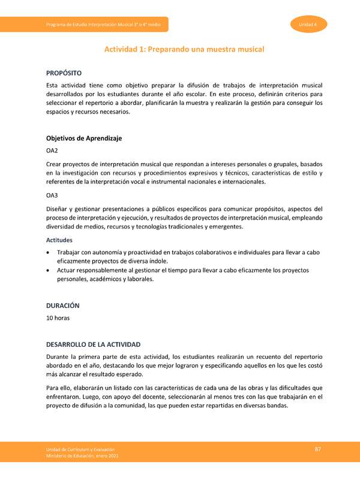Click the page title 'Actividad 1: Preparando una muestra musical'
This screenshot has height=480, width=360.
tap(185, 49)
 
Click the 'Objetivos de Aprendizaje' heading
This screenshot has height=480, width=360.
tap(84, 139)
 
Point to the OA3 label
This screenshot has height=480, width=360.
tap(52, 196)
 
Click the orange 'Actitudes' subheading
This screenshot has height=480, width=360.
tap(61, 240)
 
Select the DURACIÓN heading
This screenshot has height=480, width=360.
tap(63, 305)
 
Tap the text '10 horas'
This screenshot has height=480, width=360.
tap(58, 318)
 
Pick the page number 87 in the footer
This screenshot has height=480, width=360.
tap(319, 450)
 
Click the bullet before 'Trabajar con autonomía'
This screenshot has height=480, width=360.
tap(49, 253)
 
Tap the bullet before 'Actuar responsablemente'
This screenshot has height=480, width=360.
tap(49, 271)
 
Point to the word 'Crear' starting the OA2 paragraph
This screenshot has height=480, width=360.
tap(55, 164)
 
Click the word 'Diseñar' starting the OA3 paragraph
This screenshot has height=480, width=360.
tap(58, 209)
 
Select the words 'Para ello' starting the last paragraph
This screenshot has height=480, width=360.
tap(60, 387)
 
